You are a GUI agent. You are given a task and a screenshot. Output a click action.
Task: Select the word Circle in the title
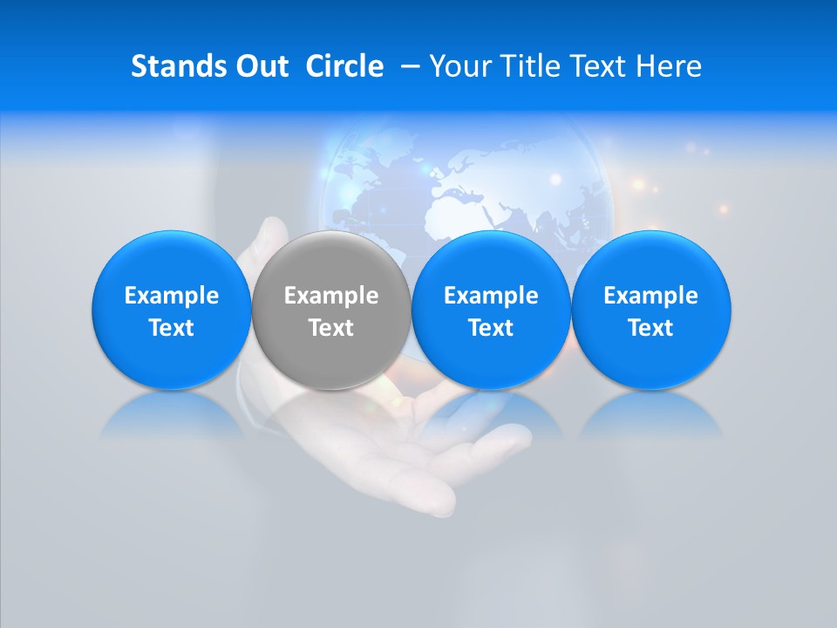344,66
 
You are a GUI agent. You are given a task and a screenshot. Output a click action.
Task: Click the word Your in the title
459,66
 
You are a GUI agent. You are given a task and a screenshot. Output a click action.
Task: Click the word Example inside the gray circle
331,296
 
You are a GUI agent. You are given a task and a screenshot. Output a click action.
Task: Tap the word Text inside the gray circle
331,328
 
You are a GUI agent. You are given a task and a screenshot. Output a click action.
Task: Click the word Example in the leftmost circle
172,296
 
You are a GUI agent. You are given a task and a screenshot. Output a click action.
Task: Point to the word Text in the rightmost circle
651,328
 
